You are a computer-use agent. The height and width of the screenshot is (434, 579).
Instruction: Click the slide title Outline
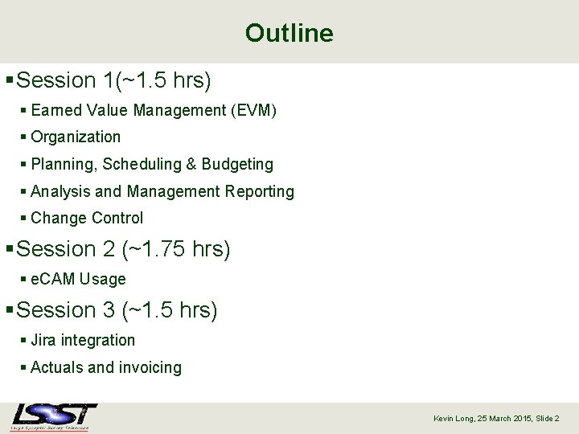pos(289,33)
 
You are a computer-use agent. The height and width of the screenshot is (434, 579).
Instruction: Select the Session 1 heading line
pos(113,80)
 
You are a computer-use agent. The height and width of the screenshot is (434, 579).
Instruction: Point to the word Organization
pos(76,137)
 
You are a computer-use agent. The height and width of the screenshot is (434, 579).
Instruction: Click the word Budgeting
pos(237,164)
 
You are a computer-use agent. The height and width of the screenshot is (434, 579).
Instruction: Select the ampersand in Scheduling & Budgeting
pos(191,164)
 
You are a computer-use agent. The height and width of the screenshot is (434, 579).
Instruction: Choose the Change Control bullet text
pos(87,218)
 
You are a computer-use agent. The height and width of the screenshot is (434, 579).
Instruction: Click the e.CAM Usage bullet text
pos(78,280)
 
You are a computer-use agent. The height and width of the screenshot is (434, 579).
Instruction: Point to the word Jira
pos(43,341)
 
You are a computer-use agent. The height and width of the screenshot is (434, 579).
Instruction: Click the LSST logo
pos(54,416)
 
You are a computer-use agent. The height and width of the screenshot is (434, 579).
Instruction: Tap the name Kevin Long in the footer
pos(454,419)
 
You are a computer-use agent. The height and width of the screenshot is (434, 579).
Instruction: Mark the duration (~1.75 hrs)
pos(176,249)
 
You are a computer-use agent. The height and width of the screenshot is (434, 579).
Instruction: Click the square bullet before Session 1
pos(9,80)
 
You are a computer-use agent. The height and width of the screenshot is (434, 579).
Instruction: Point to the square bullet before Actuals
pos(24,368)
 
